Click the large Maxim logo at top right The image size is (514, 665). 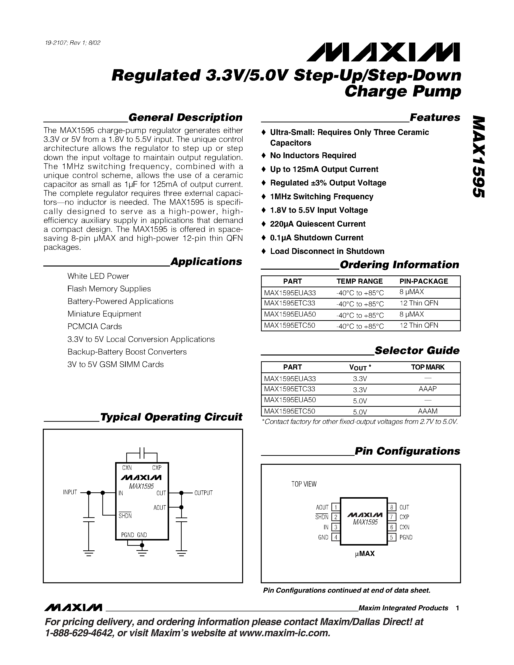click(x=383, y=52)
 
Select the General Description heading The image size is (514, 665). click(x=185, y=118)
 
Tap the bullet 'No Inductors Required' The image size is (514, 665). click(x=313, y=155)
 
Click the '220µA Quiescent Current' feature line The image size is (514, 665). click(x=317, y=224)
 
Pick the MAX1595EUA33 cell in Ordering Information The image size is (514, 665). click(x=290, y=293)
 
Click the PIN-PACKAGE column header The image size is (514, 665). click(x=424, y=281)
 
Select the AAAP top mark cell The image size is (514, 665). click(x=427, y=389)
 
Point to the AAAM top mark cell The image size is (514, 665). click(x=427, y=411)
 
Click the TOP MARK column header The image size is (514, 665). click(x=427, y=367)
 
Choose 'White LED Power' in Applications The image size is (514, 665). click(x=98, y=276)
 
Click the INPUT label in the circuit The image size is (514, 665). click(x=70, y=492)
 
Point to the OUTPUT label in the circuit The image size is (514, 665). click(x=203, y=493)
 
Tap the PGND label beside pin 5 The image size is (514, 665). click(x=406, y=537)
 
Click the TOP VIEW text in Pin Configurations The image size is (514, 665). click(x=304, y=484)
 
